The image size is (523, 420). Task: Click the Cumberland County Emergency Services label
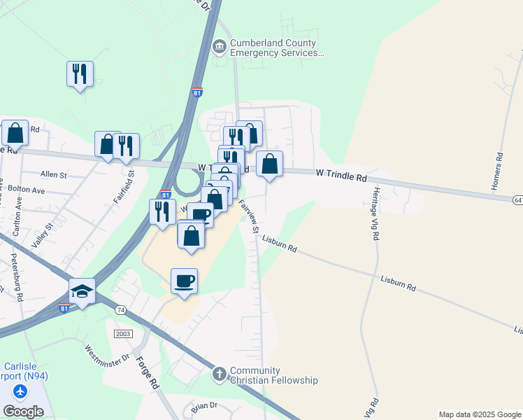click(x=278, y=48)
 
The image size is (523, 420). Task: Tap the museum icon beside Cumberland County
click(x=220, y=47)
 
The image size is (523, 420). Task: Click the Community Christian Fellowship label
click(x=274, y=375)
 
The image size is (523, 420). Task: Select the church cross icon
click(x=220, y=375)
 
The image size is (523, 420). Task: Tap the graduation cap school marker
click(x=82, y=292)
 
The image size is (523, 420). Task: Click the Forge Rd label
click(x=147, y=373)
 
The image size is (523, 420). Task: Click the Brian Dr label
click(x=204, y=405)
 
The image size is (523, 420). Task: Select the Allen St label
click(x=53, y=174)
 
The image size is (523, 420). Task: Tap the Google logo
click(x=23, y=412)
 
